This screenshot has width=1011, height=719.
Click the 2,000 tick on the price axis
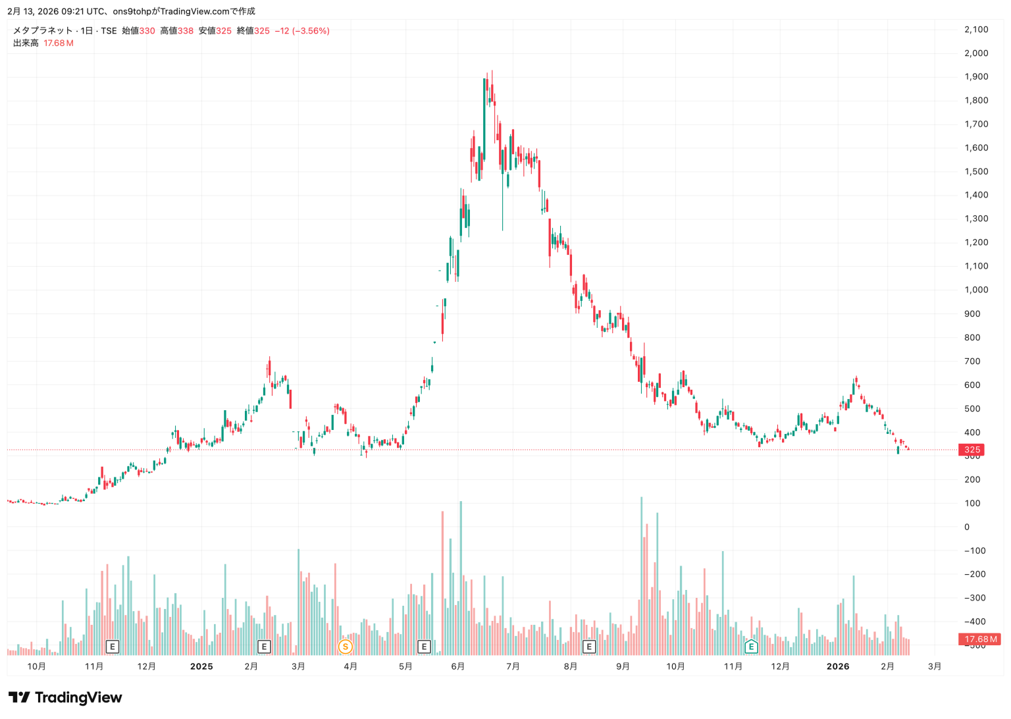coord(976,53)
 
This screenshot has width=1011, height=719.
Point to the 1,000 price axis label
coord(976,290)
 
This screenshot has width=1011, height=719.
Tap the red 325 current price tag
coord(972,450)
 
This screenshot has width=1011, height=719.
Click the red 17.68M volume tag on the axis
coord(980,639)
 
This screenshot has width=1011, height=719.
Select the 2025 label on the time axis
coord(201,666)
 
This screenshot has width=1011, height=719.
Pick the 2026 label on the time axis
coord(838,666)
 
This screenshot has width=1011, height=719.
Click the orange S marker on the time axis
coord(345,647)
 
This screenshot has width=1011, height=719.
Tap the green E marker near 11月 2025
coord(751,647)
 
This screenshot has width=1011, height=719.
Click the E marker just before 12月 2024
coord(113,647)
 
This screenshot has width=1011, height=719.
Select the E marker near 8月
coord(589,647)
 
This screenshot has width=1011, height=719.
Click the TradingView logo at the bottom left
coord(65,697)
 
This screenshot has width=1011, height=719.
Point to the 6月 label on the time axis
coord(458,666)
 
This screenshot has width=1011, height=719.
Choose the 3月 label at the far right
coord(935,666)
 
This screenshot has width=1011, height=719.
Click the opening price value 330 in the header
coord(147,31)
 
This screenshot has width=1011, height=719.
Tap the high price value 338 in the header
coord(186,31)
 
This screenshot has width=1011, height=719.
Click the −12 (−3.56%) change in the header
coord(302,31)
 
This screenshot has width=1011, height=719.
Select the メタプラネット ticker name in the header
coord(43,31)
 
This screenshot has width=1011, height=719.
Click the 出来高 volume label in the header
coord(26,43)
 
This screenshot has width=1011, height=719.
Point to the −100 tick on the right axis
coord(975,550)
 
